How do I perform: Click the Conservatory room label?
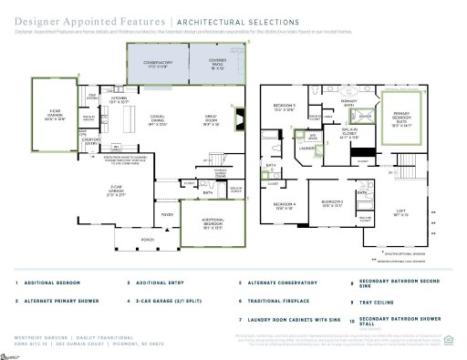coord(149,65)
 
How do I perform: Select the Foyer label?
coord(168,215)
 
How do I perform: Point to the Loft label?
coord(400,212)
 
